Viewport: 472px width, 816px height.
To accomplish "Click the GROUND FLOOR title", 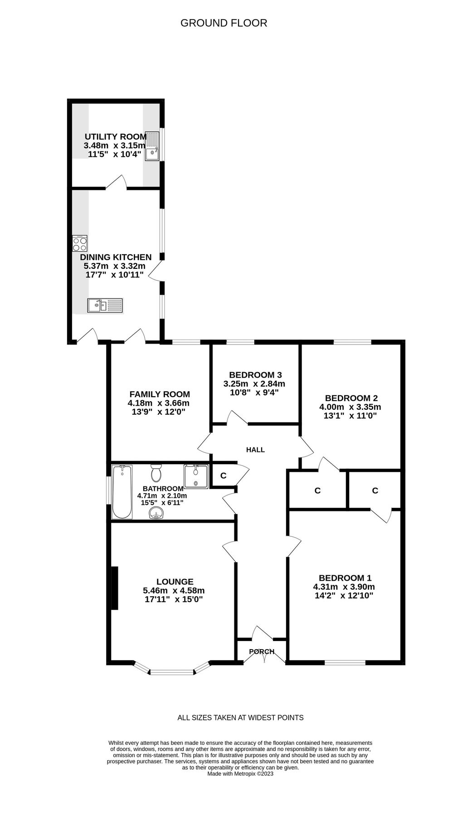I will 224,23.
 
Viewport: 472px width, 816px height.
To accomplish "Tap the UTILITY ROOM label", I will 116,136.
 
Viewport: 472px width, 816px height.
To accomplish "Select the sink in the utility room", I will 151,146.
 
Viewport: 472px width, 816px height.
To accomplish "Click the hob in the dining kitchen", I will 80,244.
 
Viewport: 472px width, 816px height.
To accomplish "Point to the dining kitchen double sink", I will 105,305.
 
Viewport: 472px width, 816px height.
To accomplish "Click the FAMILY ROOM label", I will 160,394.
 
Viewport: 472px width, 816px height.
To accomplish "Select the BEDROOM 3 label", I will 255,375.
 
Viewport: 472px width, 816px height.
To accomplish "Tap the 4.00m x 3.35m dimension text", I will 350,407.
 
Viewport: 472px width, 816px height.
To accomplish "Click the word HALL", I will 255,450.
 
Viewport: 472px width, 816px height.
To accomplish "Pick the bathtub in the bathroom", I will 122,491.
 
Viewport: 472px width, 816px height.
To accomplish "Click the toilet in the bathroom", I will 157,473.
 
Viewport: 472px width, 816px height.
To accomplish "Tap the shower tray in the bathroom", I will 196,476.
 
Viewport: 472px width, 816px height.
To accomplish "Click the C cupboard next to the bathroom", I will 223,476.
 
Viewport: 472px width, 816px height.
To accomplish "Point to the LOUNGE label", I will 175,582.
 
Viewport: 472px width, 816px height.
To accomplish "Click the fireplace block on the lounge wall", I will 115,588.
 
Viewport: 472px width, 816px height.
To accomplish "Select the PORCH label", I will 262,651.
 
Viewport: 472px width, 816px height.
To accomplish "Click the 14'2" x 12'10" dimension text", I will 344,596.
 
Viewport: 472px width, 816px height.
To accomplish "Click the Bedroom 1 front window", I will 345,662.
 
